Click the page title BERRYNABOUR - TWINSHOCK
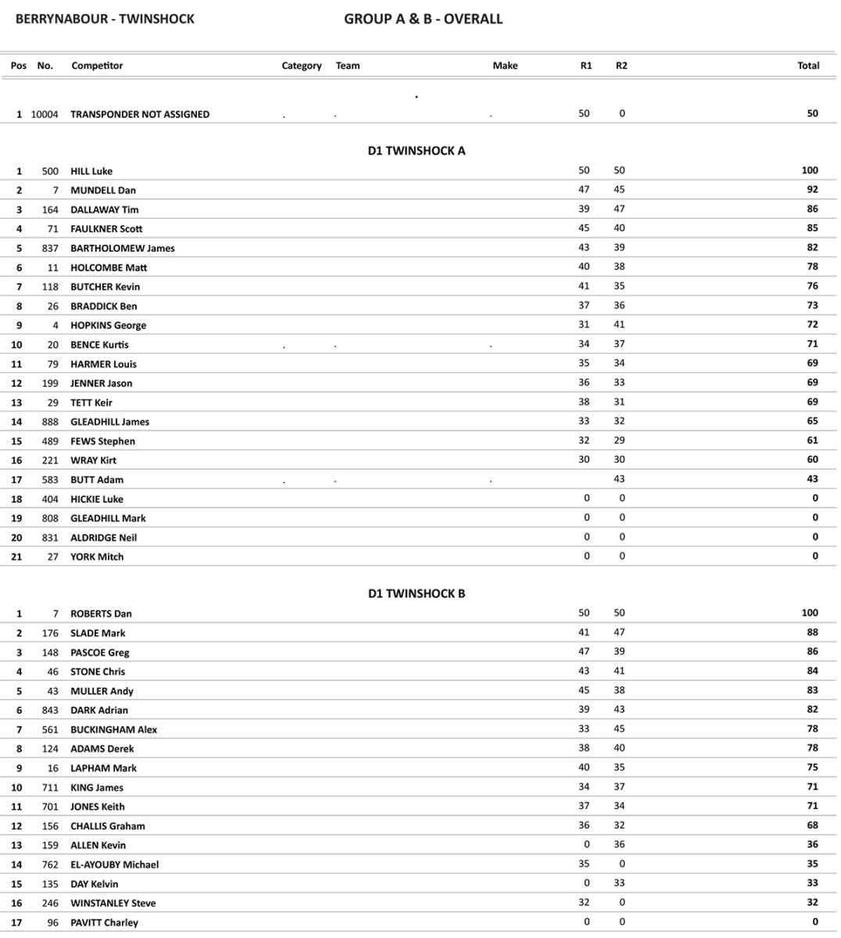(x=105, y=19)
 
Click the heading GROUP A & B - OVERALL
(x=423, y=19)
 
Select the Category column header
(x=302, y=66)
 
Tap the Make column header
(x=505, y=66)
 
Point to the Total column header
(x=808, y=66)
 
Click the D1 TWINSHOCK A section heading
(x=416, y=151)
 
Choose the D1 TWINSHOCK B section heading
(x=416, y=593)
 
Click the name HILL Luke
(x=91, y=171)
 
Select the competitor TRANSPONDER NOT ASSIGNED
(x=140, y=114)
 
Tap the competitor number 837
(x=50, y=248)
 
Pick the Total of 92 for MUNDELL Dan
(x=812, y=189)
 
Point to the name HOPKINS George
(x=108, y=325)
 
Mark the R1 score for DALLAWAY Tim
(x=584, y=209)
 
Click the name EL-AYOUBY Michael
(x=114, y=865)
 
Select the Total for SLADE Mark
(x=812, y=632)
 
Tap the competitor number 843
(x=50, y=710)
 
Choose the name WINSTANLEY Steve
(x=113, y=903)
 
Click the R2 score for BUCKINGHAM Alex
(x=621, y=729)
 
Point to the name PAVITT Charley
(x=104, y=922)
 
